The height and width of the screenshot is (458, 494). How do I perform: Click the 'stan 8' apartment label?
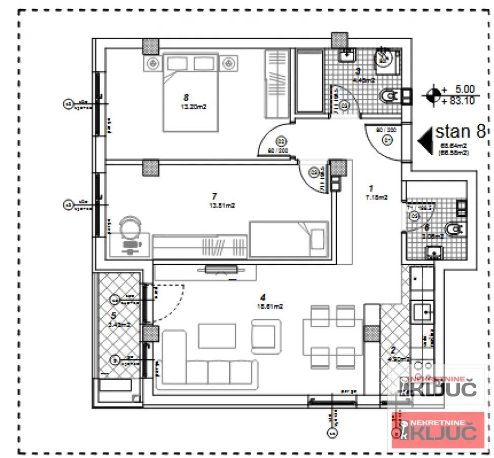(460, 132)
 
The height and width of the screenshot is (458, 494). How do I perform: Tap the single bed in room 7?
(289, 239)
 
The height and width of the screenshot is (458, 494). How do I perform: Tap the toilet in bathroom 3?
(389, 95)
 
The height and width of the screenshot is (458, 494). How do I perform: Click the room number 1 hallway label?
(371, 187)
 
